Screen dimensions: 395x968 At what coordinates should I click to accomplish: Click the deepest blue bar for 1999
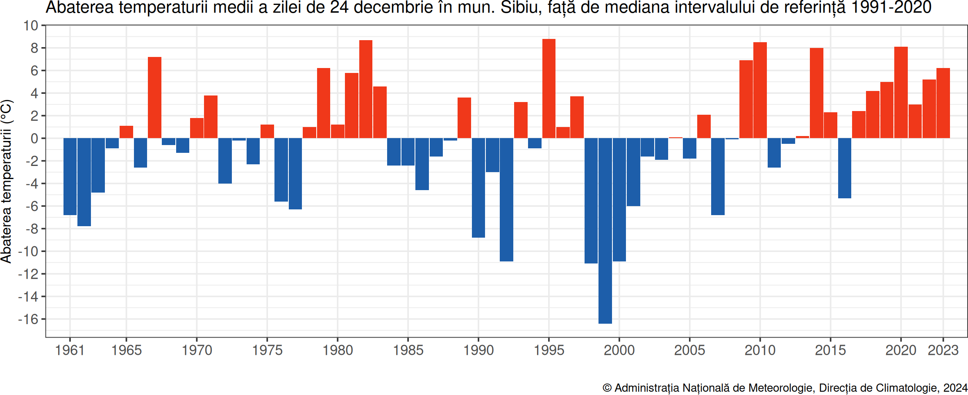(x=605, y=231)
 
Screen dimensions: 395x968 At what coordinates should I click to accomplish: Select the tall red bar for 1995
(x=549, y=89)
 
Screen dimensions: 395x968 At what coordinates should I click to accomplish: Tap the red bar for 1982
(x=366, y=89)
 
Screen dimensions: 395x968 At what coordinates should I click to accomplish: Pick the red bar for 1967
(x=154, y=98)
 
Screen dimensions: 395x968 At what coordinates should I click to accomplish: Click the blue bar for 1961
(x=70, y=176)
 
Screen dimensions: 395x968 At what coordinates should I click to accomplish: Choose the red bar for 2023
(x=943, y=103)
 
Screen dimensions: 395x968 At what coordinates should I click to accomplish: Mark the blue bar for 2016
(x=845, y=168)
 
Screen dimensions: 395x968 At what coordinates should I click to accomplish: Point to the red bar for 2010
(x=760, y=90)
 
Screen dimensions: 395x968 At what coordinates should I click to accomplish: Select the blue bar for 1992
(x=506, y=200)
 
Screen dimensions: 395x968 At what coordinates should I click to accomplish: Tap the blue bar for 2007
(x=718, y=176)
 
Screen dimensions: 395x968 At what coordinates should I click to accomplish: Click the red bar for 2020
(x=901, y=92)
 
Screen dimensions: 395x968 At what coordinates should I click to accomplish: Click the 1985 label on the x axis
(x=408, y=350)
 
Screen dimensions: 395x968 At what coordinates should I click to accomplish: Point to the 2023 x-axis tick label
(x=943, y=350)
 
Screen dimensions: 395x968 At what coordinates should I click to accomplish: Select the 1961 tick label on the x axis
(x=70, y=350)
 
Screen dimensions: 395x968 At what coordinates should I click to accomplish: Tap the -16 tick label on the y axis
(x=28, y=319)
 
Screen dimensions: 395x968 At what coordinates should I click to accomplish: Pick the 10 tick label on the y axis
(x=30, y=26)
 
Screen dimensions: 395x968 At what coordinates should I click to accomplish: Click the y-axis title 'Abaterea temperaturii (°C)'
(x=7, y=181)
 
